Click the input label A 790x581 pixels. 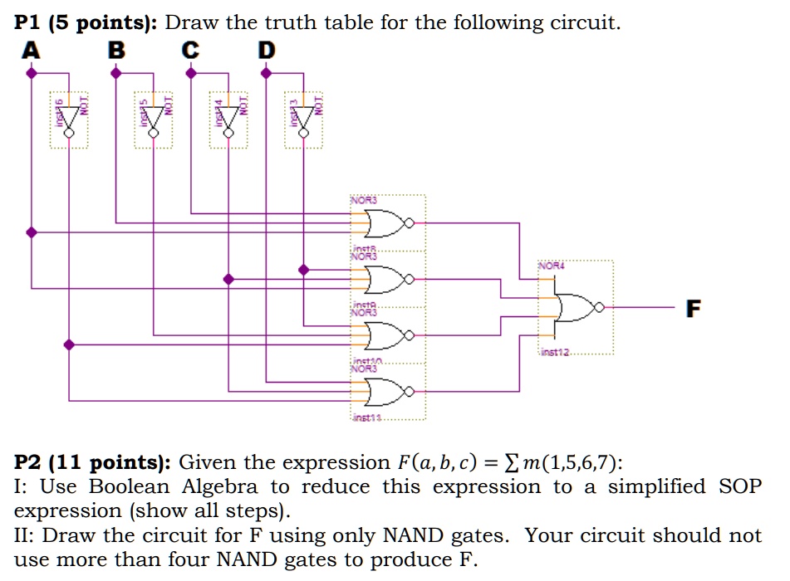(x=30, y=51)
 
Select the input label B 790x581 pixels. (x=117, y=51)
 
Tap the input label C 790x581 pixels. (x=190, y=51)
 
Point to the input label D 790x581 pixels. (x=265, y=51)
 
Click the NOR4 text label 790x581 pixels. (x=551, y=267)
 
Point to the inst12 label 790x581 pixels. (x=556, y=354)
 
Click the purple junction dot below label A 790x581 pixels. (x=32, y=73)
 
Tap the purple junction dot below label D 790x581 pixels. (x=266, y=73)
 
